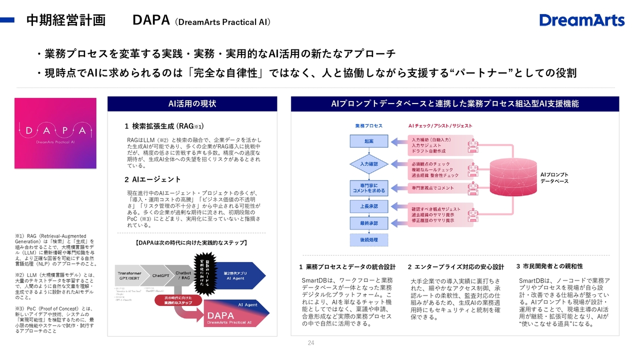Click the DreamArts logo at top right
(582, 20)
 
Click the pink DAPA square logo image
(55, 132)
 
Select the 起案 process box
(368, 141)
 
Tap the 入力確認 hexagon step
(368, 164)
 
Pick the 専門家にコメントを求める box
(368, 188)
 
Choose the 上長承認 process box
(368, 206)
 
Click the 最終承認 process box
(368, 223)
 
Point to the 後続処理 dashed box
(368, 240)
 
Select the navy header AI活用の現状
(192, 104)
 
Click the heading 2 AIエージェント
(152, 179)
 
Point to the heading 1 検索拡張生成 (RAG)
(164, 126)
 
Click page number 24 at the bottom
(311, 343)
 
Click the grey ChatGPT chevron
(161, 275)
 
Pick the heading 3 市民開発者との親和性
(549, 266)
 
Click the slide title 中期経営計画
(65, 20)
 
